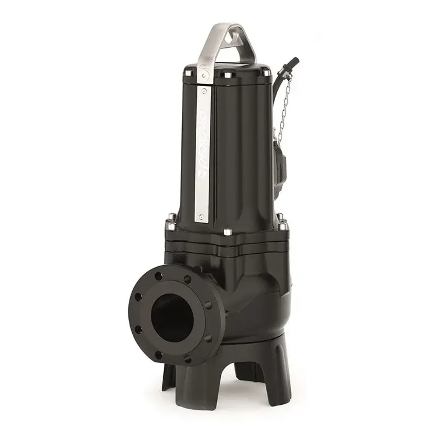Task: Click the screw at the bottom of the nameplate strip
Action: [201, 216]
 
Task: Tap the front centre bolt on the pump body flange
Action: [226, 232]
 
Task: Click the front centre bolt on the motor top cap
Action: [227, 74]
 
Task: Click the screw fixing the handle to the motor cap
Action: [205, 77]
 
